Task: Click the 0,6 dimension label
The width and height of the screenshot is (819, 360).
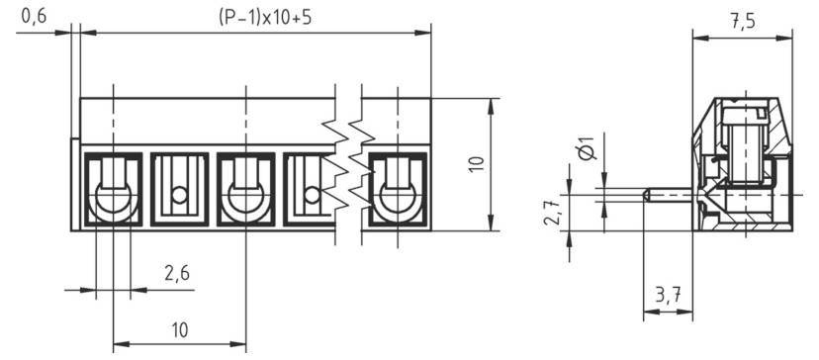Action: coord(33,16)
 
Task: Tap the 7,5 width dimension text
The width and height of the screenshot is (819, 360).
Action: coord(744,23)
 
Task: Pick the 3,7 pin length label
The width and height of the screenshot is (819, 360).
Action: coord(668,295)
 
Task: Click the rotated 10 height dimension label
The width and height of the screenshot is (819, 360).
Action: coord(476,165)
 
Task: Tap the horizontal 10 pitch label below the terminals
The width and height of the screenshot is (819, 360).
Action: coord(179,329)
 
